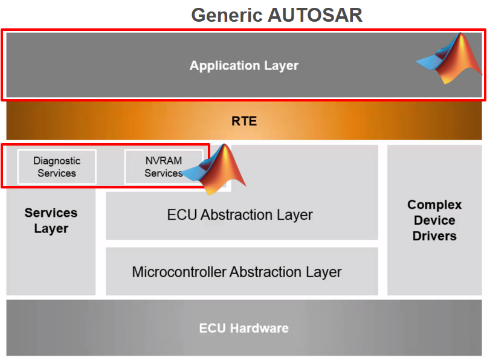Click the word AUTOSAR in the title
[x=315, y=15]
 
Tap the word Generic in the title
[x=227, y=15]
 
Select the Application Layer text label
[x=244, y=66]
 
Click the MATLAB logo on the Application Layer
[x=449, y=58]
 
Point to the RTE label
[x=244, y=121]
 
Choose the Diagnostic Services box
[x=57, y=167]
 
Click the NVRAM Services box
[x=164, y=167]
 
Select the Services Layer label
[x=51, y=220]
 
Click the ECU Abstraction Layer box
[x=242, y=216]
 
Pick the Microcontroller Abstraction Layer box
[x=242, y=271]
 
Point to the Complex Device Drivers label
[x=434, y=220]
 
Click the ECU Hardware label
[x=244, y=328]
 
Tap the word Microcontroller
[x=179, y=272]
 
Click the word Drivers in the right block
[x=434, y=236]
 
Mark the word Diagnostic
[x=57, y=161]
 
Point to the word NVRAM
[x=164, y=161]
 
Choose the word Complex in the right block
[x=434, y=205]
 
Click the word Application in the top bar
[x=225, y=66]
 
